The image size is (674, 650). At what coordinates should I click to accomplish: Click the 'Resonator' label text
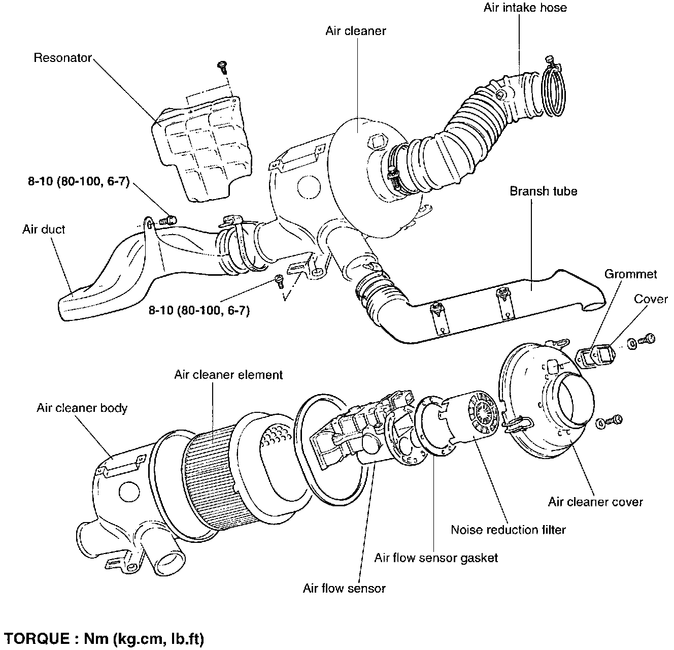click(x=63, y=57)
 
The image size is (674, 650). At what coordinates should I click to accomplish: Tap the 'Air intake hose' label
click(x=525, y=8)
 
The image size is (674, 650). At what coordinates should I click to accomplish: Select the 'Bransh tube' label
click(x=544, y=191)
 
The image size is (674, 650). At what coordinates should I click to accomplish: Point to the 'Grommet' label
click(x=630, y=274)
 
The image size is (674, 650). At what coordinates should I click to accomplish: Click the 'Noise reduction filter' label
click(x=508, y=530)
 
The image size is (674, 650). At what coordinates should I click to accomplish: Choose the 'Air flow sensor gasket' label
click(x=436, y=558)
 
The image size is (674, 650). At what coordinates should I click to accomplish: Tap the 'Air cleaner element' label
click(x=228, y=375)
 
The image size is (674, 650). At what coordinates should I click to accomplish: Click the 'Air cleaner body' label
click(x=82, y=408)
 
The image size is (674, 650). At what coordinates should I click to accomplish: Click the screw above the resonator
click(x=222, y=66)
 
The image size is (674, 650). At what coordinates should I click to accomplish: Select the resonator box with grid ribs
click(x=203, y=150)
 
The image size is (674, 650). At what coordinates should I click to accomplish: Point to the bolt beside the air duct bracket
click(x=168, y=220)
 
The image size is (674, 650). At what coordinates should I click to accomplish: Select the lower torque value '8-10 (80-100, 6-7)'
click(x=199, y=310)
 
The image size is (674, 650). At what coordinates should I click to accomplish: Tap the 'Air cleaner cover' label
click(x=595, y=502)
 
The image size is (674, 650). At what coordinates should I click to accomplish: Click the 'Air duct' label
click(x=44, y=229)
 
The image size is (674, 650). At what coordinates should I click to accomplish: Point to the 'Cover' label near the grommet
click(x=651, y=299)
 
